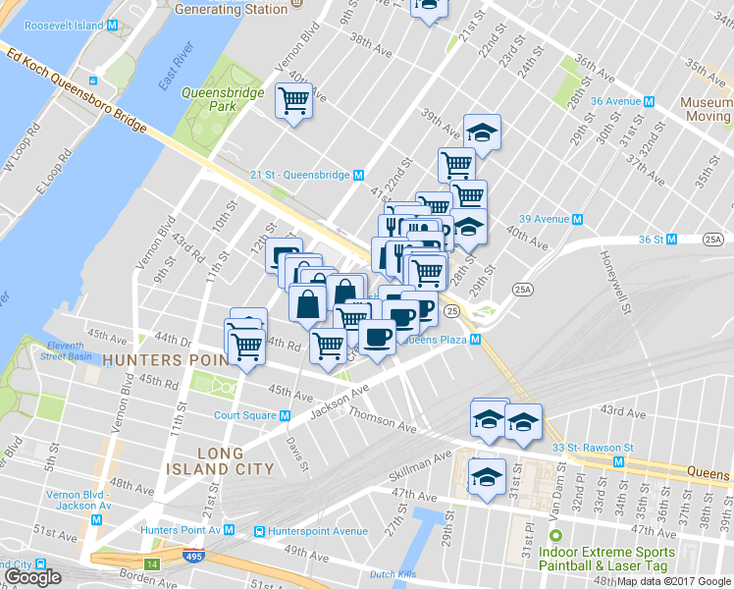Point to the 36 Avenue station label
pyautogui.click(x=622, y=101)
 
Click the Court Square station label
pyautogui.click(x=245, y=415)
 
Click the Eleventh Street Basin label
pyautogui.click(x=66, y=350)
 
